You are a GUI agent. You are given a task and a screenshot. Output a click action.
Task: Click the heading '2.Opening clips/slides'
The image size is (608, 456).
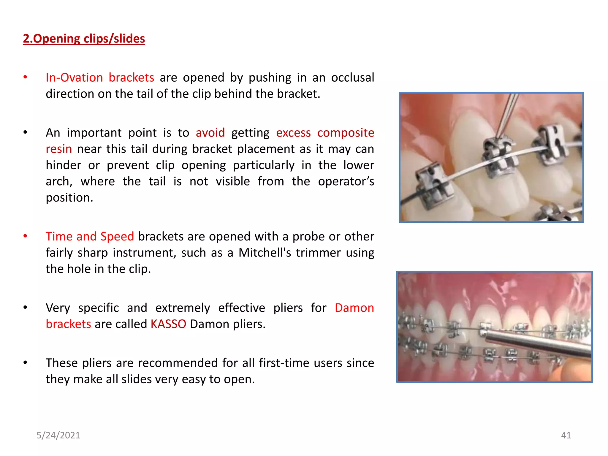pyautogui.click(x=84, y=39)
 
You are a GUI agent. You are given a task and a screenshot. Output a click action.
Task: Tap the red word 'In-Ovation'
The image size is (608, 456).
pyautogui.click(x=74, y=78)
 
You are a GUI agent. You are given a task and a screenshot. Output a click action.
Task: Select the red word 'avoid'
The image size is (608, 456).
pyautogui.click(x=210, y=133)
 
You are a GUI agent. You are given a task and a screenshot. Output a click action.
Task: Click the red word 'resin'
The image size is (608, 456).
pyautogui.click(x=59, y=149)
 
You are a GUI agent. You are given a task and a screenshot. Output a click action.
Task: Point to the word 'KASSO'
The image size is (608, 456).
pyautogui.click(x=168, y=324)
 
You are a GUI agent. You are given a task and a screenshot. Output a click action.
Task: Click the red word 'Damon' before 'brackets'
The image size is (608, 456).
pyautogui.click(x=354, y=308)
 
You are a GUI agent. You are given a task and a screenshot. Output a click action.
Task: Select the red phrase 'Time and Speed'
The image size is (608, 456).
pyautogui.click(x=90, y=237)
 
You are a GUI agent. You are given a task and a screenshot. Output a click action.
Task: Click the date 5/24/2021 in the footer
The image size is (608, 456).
pyautogui.click(x=58, y=435)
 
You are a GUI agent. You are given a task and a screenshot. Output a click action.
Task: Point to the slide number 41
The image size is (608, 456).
pyautogui.click(x=566, y=435)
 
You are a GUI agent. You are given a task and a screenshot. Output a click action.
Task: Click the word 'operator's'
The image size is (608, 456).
pyautogui.click(x=346, y=181)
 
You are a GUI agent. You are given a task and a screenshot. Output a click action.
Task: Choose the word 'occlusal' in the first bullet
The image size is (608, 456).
pyautogui.click(x=352, y=78)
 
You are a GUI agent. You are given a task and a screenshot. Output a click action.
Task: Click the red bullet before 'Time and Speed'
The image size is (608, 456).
pyautogui.click(x=26, y=236)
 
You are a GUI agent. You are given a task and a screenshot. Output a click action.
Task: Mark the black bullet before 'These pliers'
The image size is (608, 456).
pyautogui.click(x=26, y=363)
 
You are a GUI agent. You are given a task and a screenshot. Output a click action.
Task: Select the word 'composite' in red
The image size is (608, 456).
pyautogui.click(x=346, y=133)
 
